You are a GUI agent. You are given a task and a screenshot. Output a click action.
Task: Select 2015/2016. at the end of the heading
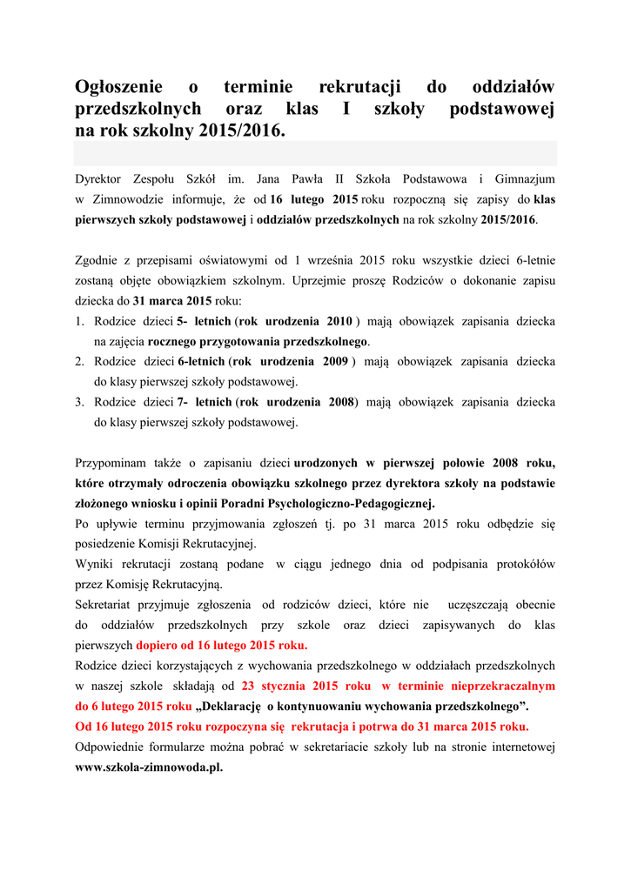click(x=242, y=131)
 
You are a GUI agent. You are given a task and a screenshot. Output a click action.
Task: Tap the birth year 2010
click(x=339, y=321)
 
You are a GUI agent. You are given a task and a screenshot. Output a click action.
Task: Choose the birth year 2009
click(x=334, y=361)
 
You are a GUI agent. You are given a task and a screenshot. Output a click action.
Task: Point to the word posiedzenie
click(x=109, y=544)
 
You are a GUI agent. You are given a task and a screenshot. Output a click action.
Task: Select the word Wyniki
click(x=94, y=564)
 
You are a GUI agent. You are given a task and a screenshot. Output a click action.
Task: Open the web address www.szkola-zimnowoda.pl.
click(x=149, y=767)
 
